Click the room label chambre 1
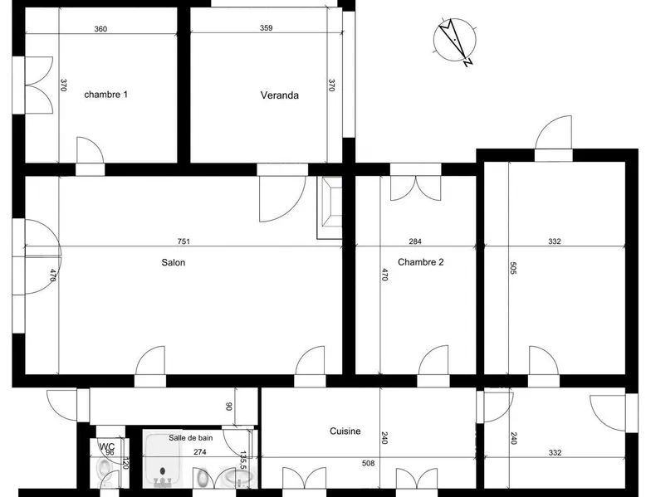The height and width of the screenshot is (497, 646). [106, 95]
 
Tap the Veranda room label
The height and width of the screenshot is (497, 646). [279, 95]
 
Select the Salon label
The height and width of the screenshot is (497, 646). [173, 262]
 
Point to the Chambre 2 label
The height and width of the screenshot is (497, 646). [421, 262]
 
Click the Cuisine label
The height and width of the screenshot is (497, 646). [345, 431]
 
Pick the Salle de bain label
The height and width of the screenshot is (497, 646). [191, 438]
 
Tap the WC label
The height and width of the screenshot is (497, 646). [107, 446]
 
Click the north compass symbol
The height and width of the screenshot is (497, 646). [455, 41]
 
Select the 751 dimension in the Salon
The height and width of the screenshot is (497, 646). [184, 241]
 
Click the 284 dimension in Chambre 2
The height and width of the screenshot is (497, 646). [415, 241]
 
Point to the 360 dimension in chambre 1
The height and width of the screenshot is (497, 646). [100, 29]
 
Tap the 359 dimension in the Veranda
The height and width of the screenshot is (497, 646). [267, 28]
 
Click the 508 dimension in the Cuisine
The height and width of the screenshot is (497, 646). [369, 463]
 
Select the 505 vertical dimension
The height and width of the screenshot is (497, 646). [513, 268]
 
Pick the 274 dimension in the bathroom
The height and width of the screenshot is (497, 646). [200, 452]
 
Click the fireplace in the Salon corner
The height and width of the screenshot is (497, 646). [330, 207]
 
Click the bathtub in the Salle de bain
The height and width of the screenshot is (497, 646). [162, 459]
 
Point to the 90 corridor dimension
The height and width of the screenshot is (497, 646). [229, 407]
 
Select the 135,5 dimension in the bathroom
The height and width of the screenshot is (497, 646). [243, 460]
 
